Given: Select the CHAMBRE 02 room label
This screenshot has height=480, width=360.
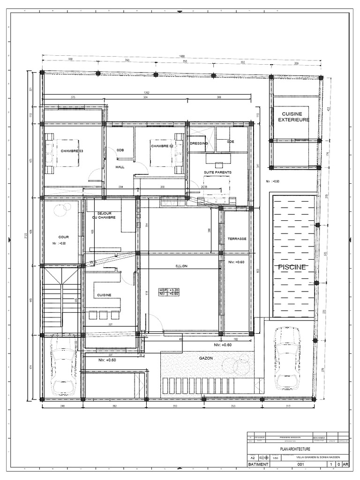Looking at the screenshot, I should (x=162, y=146).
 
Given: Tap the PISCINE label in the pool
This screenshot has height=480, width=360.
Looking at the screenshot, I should (x=292, y=267).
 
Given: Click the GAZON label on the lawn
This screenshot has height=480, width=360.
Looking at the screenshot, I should (x=205, y=358).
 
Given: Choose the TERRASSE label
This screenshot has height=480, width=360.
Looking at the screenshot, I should (x=237, y=239).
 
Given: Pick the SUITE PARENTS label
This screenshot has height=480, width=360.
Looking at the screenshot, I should (x=217, y=172).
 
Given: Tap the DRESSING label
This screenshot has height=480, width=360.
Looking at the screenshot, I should (x=199, y=143).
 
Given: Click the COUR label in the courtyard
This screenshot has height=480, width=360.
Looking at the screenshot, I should (x=63, y=237).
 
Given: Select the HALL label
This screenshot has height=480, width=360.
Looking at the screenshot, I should (x=120, y=166).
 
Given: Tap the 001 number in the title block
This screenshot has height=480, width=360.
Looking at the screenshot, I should (x=301, y=465).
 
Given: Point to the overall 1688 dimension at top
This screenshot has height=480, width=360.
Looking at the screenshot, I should (x=181, y=56).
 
